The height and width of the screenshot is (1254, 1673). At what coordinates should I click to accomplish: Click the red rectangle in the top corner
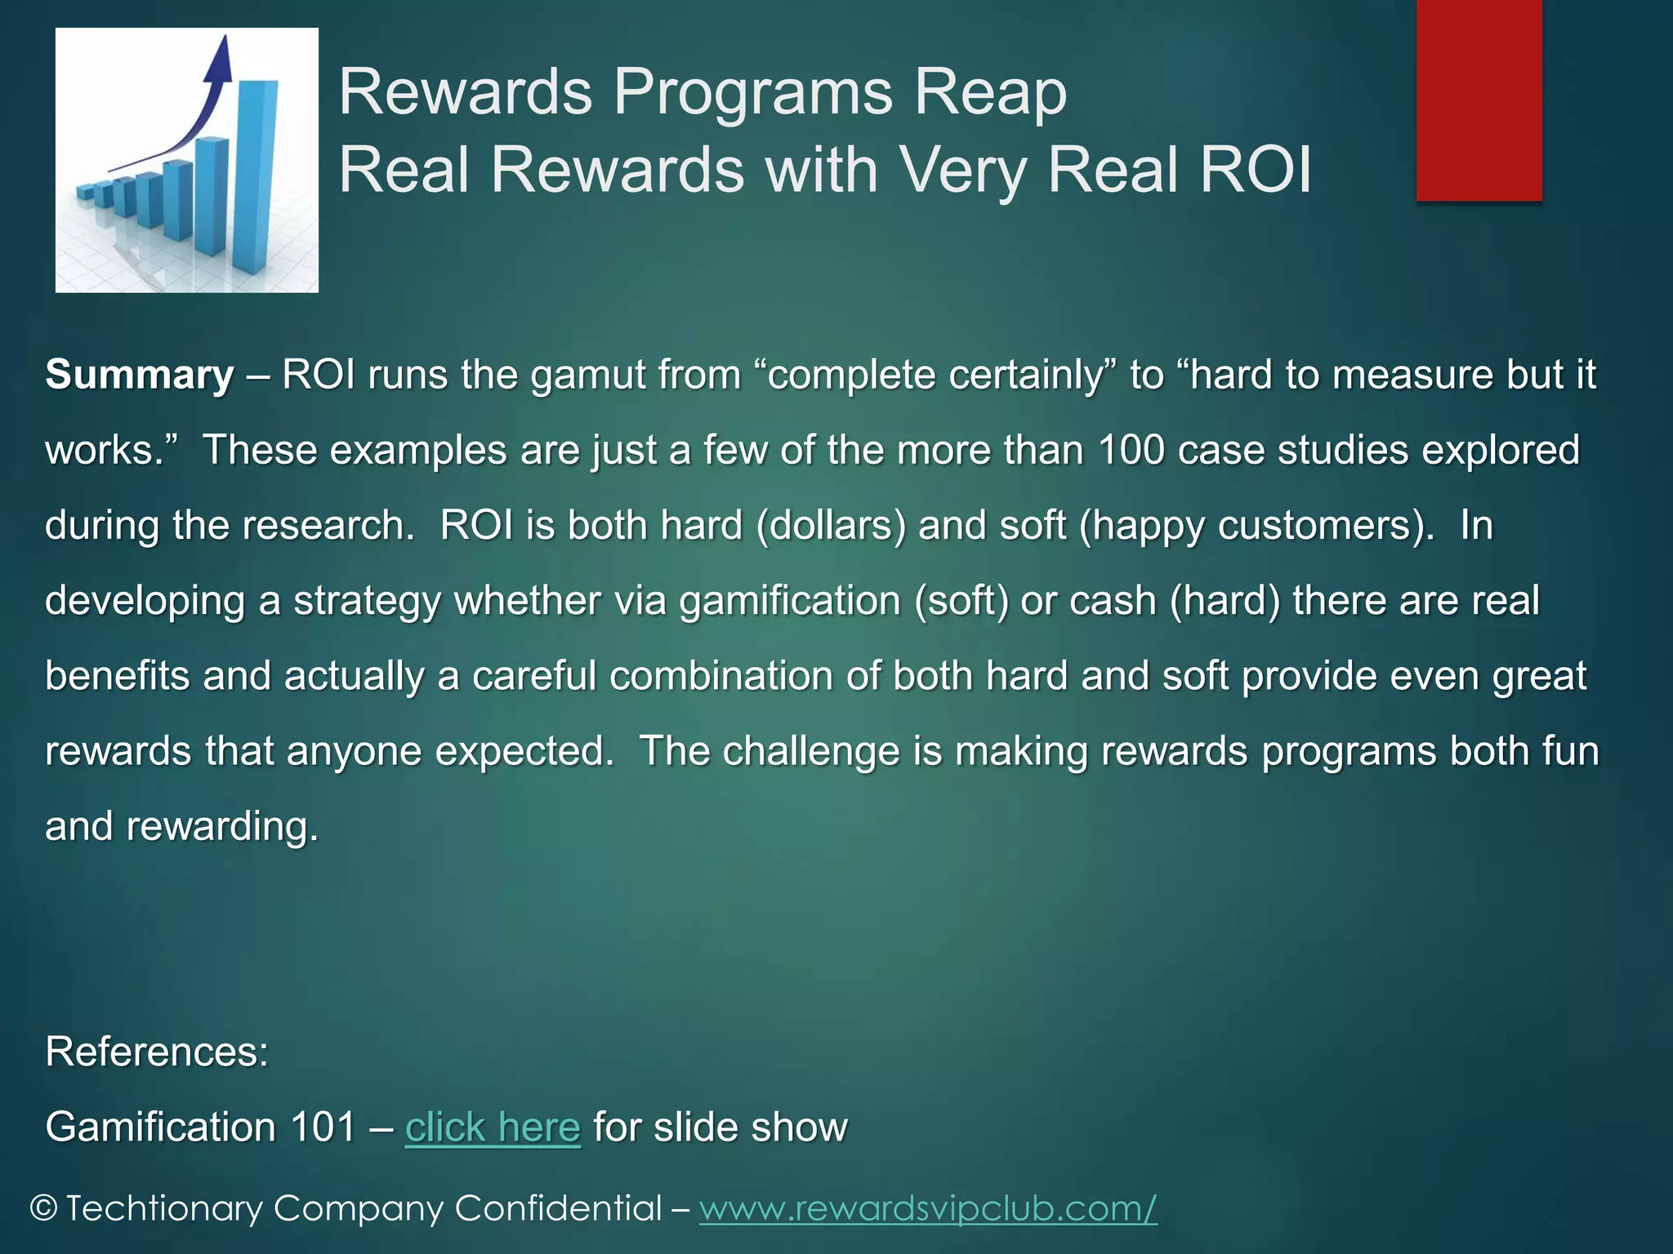1479,100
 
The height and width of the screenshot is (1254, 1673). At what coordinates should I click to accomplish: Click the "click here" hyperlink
493,1127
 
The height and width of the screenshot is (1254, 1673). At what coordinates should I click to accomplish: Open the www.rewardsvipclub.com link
928,1208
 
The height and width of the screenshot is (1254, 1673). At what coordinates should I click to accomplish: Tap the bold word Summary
140,375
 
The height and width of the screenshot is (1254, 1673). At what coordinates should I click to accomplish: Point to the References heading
157,1052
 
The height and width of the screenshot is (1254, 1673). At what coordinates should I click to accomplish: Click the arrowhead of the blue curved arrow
218,57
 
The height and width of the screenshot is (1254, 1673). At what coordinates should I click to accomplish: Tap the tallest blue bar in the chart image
255,176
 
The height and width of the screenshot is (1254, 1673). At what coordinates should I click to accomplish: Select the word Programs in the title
752,91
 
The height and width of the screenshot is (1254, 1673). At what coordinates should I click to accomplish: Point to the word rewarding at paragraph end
221,826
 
